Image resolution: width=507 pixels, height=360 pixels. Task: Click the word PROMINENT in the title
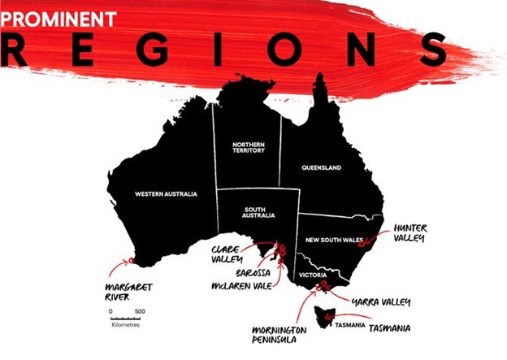pos(57,17)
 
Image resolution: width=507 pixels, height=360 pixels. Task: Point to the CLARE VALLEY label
pos(227,254)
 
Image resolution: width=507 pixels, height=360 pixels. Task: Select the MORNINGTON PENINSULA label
pos(281,336)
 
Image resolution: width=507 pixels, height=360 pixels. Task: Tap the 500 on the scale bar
pos(139,311)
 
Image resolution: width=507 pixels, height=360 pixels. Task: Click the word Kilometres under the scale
pos(125,325)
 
